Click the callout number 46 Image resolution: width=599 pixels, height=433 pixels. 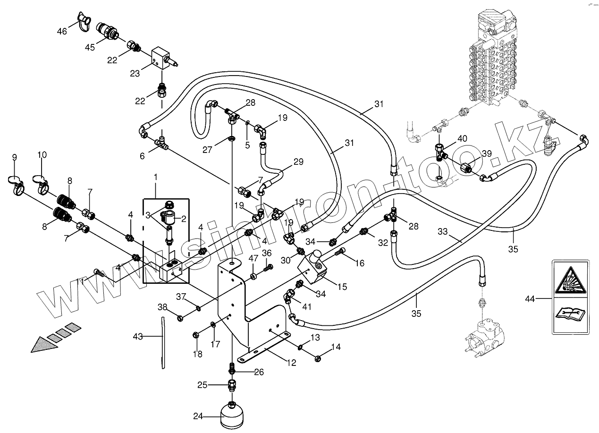click(x=62, y=32)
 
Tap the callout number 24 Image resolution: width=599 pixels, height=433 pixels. click(x=198, y=416)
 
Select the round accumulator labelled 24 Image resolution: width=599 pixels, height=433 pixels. click(x=232, y=416)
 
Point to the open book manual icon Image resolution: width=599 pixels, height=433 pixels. click(x=570, y=313)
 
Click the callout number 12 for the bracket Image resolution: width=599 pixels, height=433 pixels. click(x=291, y=363)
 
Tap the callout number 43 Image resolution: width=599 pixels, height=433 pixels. click(x=138, y=336)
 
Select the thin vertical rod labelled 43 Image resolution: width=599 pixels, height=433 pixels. click(x=162, y=342)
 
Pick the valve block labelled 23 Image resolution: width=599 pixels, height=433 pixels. click(x=160, y=59)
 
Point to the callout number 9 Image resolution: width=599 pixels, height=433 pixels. click(x=14, y=157)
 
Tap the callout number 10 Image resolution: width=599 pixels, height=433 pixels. click(x=42, y=155)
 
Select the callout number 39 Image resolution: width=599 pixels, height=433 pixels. click(x=486, y=154)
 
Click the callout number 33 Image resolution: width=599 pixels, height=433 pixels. click(x=442, y=232)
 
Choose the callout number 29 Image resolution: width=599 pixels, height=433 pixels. click(x=298, y=162)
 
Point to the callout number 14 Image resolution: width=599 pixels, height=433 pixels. click(x=336, y=347)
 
